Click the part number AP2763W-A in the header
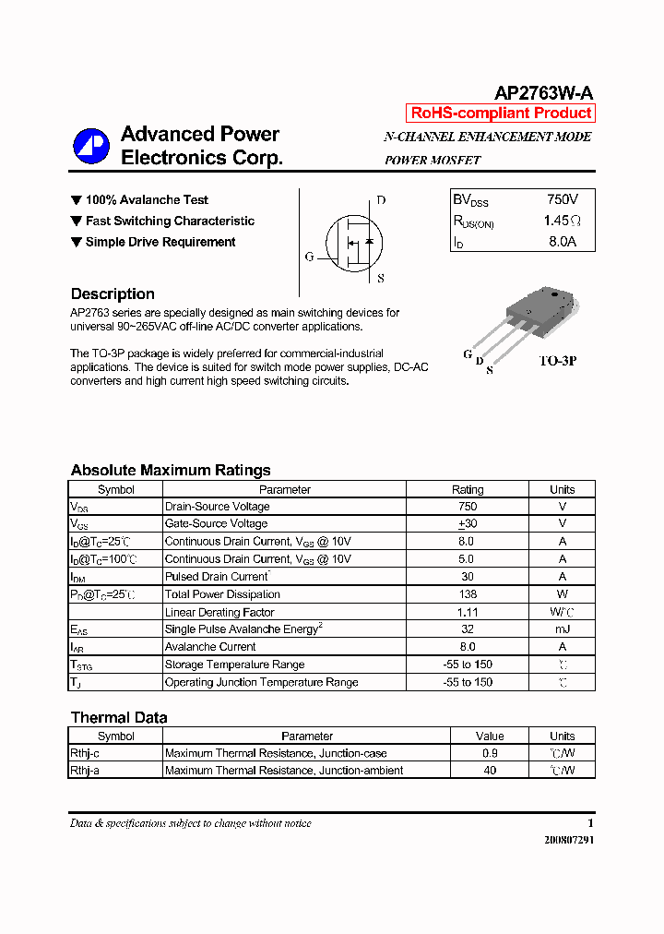coord(543,92)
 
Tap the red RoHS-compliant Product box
coord(501,114)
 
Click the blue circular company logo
coord(91,145)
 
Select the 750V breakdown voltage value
coord(562,199)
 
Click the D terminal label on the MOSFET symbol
coord(381,200)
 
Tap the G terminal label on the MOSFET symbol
coord(310,257)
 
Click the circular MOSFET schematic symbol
coord(353,243)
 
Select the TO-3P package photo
coord(534,317)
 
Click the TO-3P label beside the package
coord(558,361)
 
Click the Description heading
coord(113,294)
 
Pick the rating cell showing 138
coord(467,594)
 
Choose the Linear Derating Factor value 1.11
coord(467,612)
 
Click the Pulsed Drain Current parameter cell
coord(216,577)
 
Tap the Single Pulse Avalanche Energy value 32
coord(467,629)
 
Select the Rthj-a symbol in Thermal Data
coord(85,771)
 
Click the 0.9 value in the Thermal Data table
coord(490,753)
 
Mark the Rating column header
coord(467,490)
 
